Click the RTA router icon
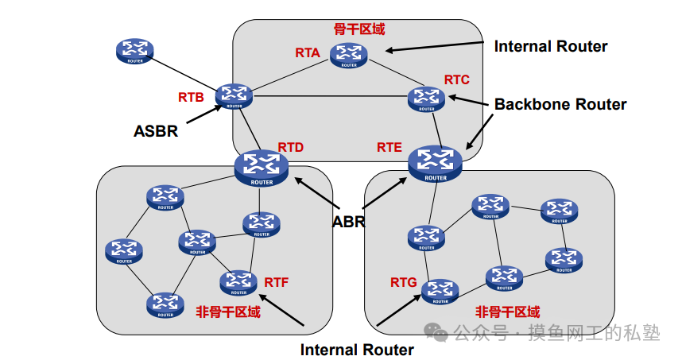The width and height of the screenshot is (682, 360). (x=349, y=55)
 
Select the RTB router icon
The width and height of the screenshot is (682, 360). (x=234, y=96)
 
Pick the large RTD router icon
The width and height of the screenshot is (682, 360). (x=261, y=167)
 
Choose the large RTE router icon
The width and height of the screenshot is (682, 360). (x=435, y=163)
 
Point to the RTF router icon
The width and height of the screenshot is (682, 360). (x=238, y=282)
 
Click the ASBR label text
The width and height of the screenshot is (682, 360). (x=156, y=131)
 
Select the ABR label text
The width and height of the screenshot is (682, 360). (x=348, y=222)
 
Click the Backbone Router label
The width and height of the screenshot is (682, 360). (x=560, y=104)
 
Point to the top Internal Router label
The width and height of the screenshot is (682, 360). (x=551, y=46)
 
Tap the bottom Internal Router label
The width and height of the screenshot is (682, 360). (x=357, y=350)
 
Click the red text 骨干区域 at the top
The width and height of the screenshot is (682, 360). (x=358, y=29)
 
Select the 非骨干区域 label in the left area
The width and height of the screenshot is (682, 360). (x=228, y=312)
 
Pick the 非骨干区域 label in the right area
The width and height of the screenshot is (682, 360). (x=507, y=312)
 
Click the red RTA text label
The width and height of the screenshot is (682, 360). (x=308, y=53)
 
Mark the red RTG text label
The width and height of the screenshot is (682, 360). (x=404, y=282)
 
